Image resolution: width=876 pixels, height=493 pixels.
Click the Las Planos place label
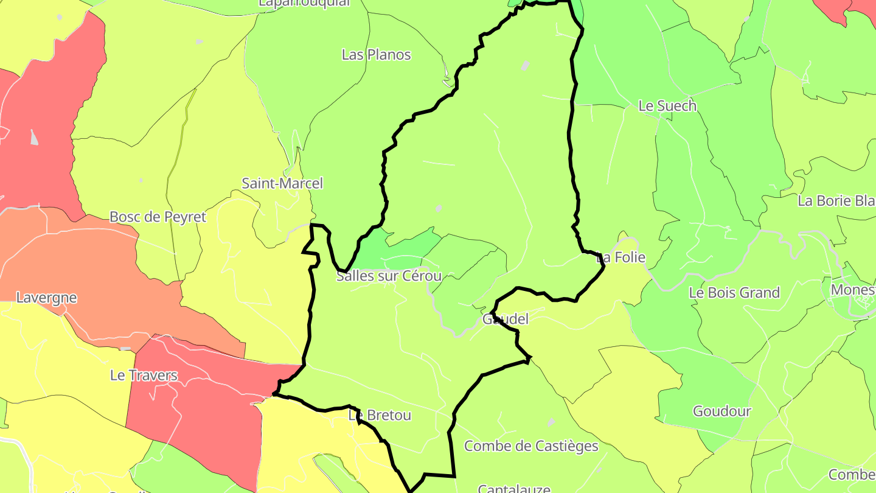[376, 55]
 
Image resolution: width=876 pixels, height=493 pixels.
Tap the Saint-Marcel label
[282, 183]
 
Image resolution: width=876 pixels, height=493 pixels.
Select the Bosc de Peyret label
[158, 217]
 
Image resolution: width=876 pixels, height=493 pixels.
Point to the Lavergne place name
[46, 298]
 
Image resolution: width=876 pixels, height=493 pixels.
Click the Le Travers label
[144, 375]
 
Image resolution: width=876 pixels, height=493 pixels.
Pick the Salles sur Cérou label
[389, 276]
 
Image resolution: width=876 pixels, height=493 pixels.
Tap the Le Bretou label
[380, 415]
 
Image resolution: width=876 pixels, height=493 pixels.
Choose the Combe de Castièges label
[531, 446]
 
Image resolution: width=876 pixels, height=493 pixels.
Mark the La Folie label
[621, 257]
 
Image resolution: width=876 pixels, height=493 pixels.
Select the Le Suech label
[667, 106]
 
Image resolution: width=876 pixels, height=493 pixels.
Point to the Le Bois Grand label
[734, 293]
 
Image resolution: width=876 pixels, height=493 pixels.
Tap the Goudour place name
[721, 411]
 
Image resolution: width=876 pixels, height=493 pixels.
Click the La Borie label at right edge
[836, 201]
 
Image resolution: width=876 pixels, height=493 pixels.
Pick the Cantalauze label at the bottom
[514, 488]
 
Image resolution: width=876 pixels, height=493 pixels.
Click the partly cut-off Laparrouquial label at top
[304, 3]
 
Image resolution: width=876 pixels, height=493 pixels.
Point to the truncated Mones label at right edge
[852, 290]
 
